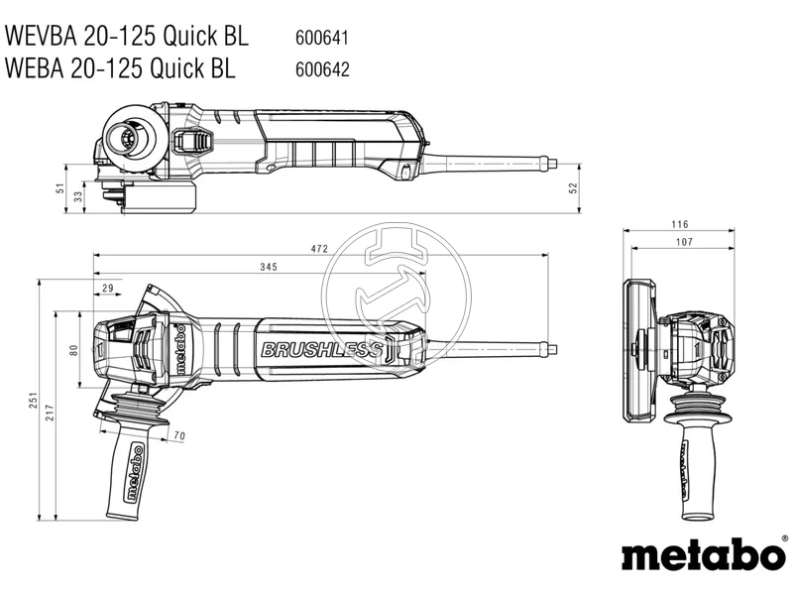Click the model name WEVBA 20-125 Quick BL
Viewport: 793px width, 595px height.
(x=126, y=37)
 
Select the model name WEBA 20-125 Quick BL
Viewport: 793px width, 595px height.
(x=121, y=68)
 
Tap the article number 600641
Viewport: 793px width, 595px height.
(x=322, y=39)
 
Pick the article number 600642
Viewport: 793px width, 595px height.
(x=322, y=69)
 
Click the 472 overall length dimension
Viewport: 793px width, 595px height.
(x=318, y=249)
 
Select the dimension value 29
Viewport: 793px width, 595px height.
(x=107, y=288)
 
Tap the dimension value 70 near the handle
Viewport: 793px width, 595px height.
(x=179, y=435)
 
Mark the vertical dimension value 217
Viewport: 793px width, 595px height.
(x=51, y=415)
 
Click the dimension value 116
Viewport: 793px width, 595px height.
(x=679, y=225)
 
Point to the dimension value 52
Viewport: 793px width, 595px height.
(x=573, y=188)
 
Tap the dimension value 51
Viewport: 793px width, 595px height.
(x=59, y=188)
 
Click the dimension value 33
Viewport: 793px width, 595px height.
(x=79, y=197)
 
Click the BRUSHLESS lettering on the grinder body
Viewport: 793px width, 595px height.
(x=320, y=350)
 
